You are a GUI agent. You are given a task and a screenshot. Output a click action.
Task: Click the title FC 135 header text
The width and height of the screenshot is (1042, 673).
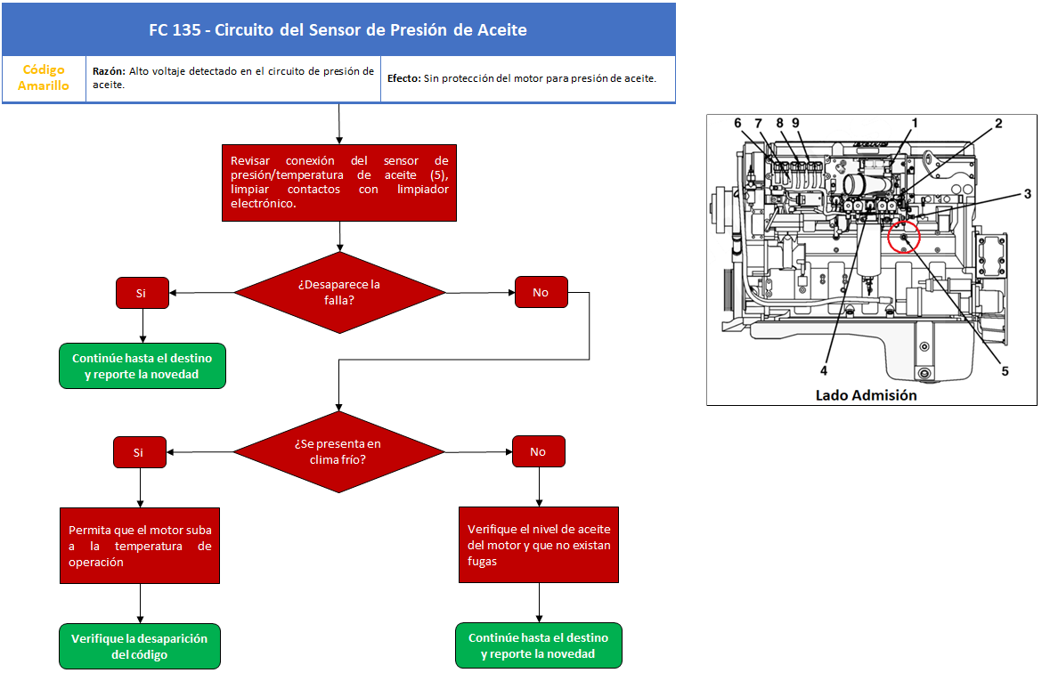[x=338, y=30]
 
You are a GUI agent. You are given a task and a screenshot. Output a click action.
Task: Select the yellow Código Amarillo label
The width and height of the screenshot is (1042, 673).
[x=44, y=77]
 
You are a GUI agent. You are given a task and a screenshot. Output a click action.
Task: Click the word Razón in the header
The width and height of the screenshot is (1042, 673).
[x=109, y=71]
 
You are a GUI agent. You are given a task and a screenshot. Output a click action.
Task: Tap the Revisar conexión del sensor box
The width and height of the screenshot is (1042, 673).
[x=339, y=182]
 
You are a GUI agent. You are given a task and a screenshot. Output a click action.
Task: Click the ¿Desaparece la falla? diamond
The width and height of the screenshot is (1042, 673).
[x=339, y=292]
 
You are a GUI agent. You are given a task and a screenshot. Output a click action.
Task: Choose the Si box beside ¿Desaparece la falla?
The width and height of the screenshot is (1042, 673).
[x=142, y=293]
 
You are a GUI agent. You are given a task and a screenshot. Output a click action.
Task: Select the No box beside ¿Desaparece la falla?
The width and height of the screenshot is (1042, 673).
[x=541, y=292]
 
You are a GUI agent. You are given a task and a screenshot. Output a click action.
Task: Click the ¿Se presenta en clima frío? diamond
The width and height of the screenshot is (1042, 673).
[x=339, y=451]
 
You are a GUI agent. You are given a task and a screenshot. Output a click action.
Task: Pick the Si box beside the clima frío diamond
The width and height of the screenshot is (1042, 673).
[x=140, y=452]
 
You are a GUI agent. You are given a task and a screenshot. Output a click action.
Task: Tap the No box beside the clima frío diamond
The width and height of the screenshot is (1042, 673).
[x=539, y=451]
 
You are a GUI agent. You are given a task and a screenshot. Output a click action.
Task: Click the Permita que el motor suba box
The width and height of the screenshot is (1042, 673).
[x=140, y=546]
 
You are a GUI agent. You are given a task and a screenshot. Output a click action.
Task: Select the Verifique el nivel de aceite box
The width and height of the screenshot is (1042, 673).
[x=539, y=545]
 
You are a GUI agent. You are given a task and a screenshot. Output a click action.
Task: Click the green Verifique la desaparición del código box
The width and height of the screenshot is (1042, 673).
[x=140, y=646]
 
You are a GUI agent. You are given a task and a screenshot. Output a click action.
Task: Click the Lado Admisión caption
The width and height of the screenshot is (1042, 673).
[x=866, y=395]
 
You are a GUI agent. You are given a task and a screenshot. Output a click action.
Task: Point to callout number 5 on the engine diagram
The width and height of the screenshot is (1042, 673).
[x=1005, y=371]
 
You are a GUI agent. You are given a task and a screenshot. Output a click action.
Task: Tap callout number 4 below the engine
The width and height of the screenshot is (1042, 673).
[x=824, y=370]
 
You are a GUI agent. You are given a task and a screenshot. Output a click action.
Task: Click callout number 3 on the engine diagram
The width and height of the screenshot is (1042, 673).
[x=1028, y=194]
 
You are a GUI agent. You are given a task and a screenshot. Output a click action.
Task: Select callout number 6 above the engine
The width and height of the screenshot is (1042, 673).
[x=737, y=123]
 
